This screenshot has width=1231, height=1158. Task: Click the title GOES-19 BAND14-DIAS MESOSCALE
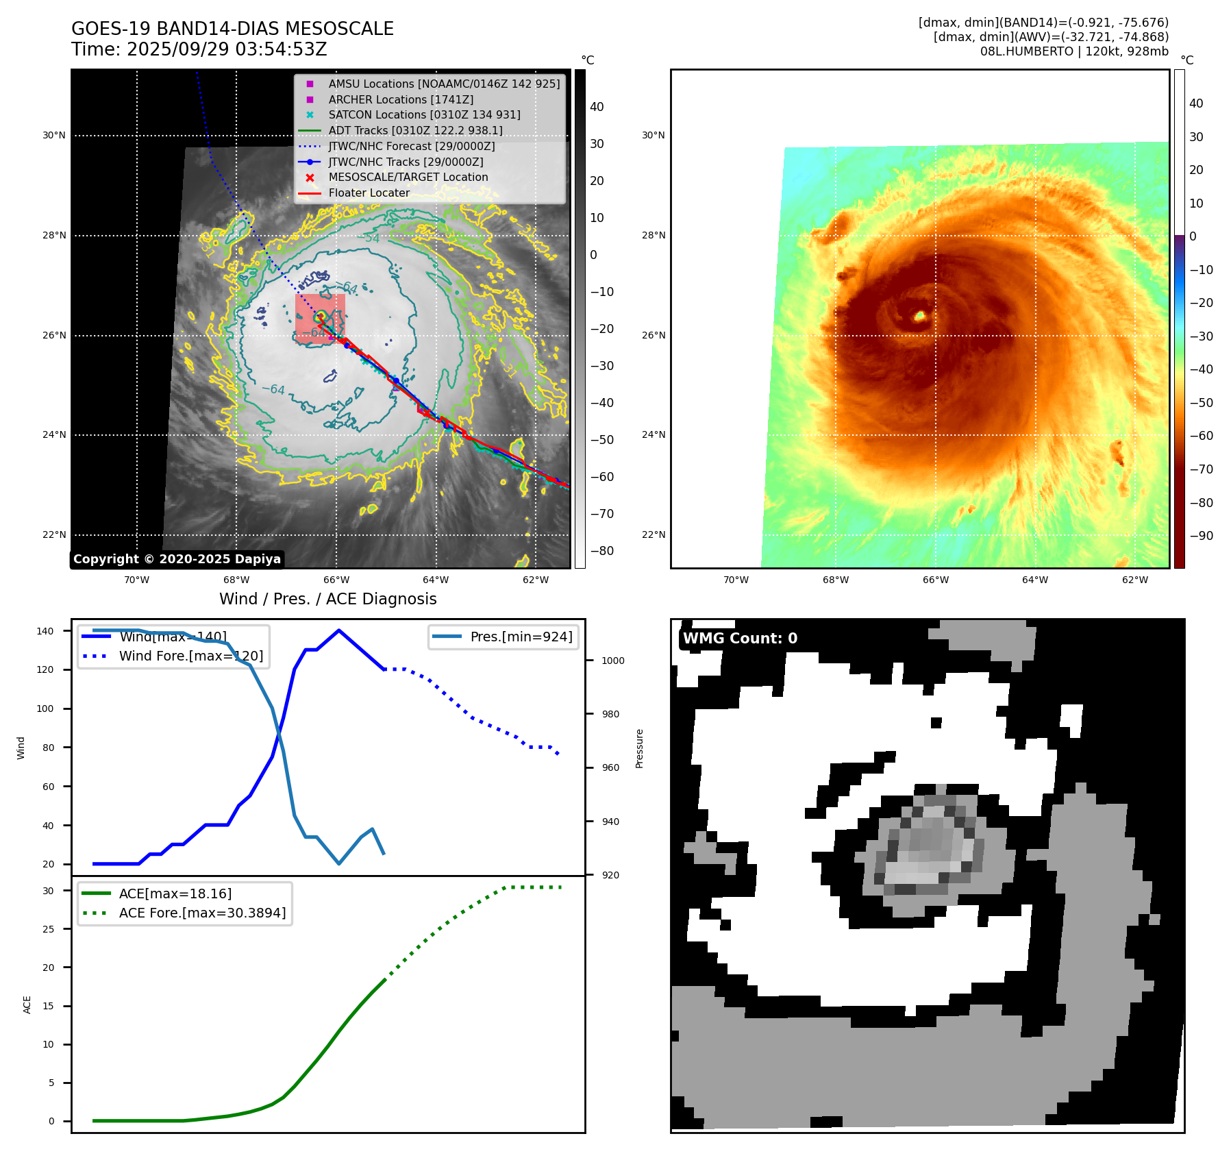pyautogui.click(x=232, y=29)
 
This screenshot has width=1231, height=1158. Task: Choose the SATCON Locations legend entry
pyautogui.click(x=424, y=114)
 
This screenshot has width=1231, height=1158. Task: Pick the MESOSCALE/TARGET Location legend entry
pyautogui.click(x=408, y=177)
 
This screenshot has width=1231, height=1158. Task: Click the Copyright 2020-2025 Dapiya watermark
pyautogui.click(x=177, y=559)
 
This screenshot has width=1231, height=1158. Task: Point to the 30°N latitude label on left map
pyautogui.click(x=54, y=135)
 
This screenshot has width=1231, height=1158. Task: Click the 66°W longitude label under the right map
pyautogui.click(x=935, y=580)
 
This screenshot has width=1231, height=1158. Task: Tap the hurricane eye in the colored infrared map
pyautogui.click(x=920, y=316)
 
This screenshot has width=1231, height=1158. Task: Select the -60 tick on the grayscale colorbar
pyautogui.click(x=602, y=477)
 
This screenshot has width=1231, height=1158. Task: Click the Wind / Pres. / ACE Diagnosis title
pyautogui.click(x=327, y=599)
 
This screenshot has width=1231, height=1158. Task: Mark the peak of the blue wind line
pyautogui.click(x=339, y=630)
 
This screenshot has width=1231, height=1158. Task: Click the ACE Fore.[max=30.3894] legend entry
pyautogui.click(x=202, y=913)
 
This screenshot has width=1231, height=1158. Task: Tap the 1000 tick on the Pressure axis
pyautogui.click(x=612, y=661)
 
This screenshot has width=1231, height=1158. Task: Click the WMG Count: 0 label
pyautogui.click(x=740, y=639)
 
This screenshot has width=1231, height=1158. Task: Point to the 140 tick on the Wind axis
pyautogui.click(x=45, y=631)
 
